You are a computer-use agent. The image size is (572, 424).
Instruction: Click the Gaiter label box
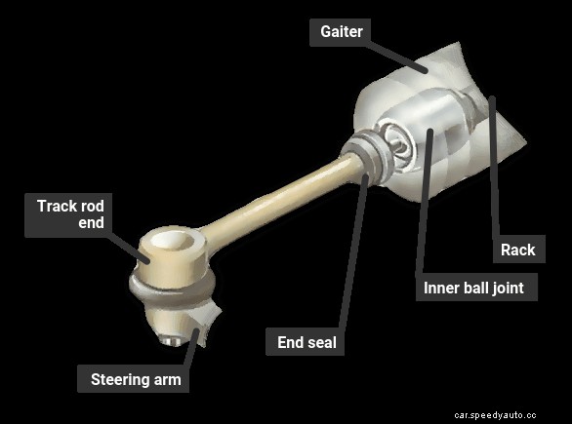pyautogui.click(x=342, y=32)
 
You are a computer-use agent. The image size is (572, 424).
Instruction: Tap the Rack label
pyautogui.click(x=517, y=250)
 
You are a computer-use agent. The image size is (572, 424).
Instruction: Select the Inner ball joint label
pyautogui.click(x=473, y=288)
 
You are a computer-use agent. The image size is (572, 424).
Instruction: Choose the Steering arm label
pyautogui.click(x=136, y=379)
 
